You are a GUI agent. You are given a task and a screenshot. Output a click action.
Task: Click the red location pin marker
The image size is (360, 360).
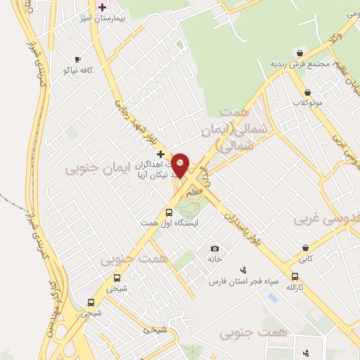coord(181,165)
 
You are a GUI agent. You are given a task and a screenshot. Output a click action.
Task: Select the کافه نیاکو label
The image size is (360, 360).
coord(78,70)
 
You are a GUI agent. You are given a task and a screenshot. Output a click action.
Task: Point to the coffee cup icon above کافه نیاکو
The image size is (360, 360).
coord(77,59)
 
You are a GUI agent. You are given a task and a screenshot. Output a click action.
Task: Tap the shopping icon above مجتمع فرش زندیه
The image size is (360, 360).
coord(300,53)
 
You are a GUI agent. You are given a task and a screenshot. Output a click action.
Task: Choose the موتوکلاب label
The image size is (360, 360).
coord(307,103)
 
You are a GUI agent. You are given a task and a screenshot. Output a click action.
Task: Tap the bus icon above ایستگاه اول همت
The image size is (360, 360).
coord(169,212)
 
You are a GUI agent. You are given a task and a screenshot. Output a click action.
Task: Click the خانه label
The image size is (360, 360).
coord(214,259)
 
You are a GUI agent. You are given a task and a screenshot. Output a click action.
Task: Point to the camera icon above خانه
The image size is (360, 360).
coord(214,248)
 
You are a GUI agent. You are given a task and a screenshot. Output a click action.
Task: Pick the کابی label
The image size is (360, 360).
coord(305,259)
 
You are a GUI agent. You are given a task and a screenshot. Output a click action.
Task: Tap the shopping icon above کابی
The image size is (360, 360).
coord(305,248)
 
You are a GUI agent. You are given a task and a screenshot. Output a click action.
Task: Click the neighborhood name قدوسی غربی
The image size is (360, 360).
coord(326,219)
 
